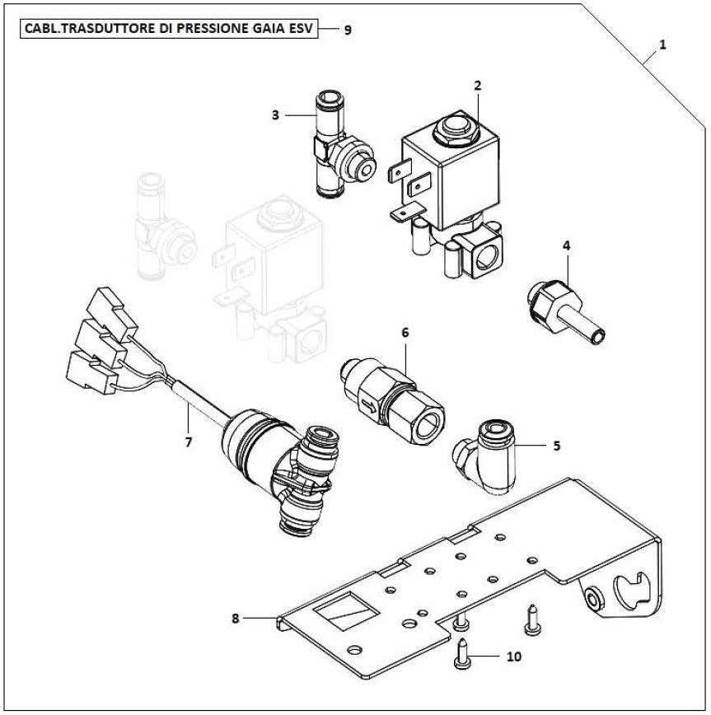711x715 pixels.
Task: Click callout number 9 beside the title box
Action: coord(348,30)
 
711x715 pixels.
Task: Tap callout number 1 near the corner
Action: coord(662,44)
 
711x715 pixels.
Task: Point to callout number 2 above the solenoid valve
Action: coord(478,86)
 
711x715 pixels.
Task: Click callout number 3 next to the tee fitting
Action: coord(275,115)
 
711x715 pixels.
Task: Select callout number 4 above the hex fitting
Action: coord(567,245)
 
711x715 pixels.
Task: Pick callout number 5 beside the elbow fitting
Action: coord(556,446)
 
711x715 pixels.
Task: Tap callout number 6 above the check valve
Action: coord(405,333)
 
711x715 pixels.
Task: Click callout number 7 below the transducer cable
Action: coord(189,442)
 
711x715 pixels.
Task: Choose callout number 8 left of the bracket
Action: coord(236,619)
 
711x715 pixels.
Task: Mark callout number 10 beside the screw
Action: coord(513,657)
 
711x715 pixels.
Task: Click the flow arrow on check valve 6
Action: coord(369,405)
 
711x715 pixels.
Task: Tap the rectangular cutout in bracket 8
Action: coord(345,611)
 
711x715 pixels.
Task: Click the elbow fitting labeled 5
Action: coord(484,456)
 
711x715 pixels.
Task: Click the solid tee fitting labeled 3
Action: coord(342,145)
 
